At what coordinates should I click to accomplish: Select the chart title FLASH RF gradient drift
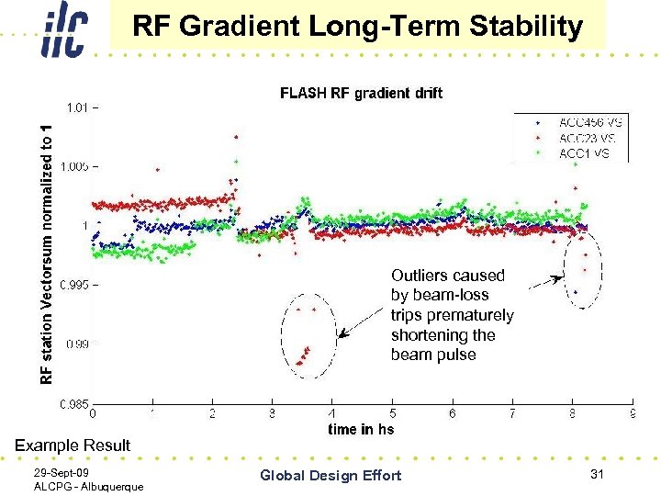361,93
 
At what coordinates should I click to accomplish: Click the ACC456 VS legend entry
583,122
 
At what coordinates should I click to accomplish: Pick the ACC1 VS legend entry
583,153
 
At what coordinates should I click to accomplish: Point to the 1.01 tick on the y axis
76,107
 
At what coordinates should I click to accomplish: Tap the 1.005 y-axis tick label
73,166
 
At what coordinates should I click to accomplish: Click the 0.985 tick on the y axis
73,403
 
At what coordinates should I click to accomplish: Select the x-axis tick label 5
392,414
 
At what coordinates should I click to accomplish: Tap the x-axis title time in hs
361,429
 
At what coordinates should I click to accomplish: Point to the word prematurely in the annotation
453,315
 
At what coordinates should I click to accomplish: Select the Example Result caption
73,445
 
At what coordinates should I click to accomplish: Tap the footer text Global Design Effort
330,475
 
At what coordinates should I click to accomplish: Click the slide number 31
597,473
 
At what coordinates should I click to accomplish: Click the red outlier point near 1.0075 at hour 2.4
237,137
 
